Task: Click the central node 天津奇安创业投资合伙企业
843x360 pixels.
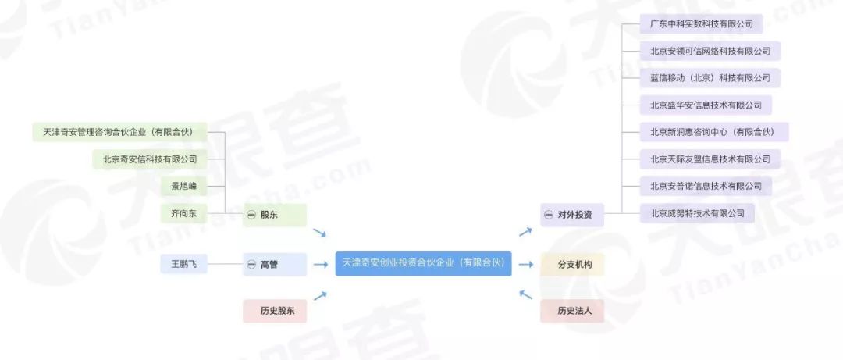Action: tap(423, 264)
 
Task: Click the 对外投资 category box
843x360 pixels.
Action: tap(572, 215)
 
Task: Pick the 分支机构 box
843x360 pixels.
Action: tap(572, 265)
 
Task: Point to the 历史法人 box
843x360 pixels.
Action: tap(572, 311)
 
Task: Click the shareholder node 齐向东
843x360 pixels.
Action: tap(183, 213)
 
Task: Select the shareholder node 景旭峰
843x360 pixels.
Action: tap(183, 186)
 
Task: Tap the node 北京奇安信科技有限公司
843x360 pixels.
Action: tap(150, 159)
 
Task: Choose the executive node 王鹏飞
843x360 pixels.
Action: tap(183, 265)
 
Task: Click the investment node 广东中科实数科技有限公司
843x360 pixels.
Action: tap(700, 23)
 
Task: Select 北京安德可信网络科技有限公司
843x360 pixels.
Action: tap(710, 51)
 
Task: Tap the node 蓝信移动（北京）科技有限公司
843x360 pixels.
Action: tap(710, 77)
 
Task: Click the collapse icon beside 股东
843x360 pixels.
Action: tap(251, 215)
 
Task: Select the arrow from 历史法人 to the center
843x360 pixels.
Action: tap(525, 294)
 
